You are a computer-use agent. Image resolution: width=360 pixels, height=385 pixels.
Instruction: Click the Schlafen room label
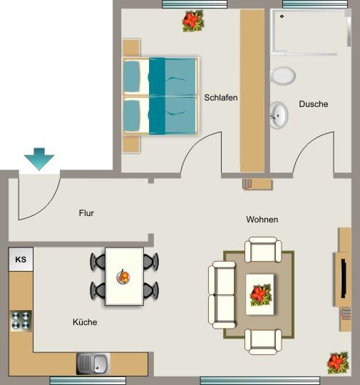point(220,98)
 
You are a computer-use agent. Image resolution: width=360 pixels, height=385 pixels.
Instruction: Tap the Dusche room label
point(314,104)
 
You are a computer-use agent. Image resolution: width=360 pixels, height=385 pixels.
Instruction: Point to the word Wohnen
point(262,219)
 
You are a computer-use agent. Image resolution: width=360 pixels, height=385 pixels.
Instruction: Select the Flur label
point(86,212)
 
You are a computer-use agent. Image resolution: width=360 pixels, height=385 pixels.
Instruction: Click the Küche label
point(84,322)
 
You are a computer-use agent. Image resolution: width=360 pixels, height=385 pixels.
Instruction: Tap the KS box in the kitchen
point(21,260)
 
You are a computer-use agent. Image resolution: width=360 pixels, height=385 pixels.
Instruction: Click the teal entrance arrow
point(38,160)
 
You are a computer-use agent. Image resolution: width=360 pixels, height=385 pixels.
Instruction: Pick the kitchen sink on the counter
point(93,364)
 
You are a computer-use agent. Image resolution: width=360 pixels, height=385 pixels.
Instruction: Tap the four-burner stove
point(21,320)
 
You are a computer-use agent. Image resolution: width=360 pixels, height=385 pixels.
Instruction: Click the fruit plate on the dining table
point(124,275)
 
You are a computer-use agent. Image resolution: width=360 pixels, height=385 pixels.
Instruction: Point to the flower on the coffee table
point(260,292)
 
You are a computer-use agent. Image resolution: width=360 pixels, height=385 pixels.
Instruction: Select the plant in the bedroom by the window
point(192,21)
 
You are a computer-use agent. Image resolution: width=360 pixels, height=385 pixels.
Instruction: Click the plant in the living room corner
point(337,362)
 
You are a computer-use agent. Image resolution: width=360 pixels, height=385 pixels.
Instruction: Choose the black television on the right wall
point(344,278)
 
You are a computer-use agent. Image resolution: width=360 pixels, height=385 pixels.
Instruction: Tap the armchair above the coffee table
point(261,251)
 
